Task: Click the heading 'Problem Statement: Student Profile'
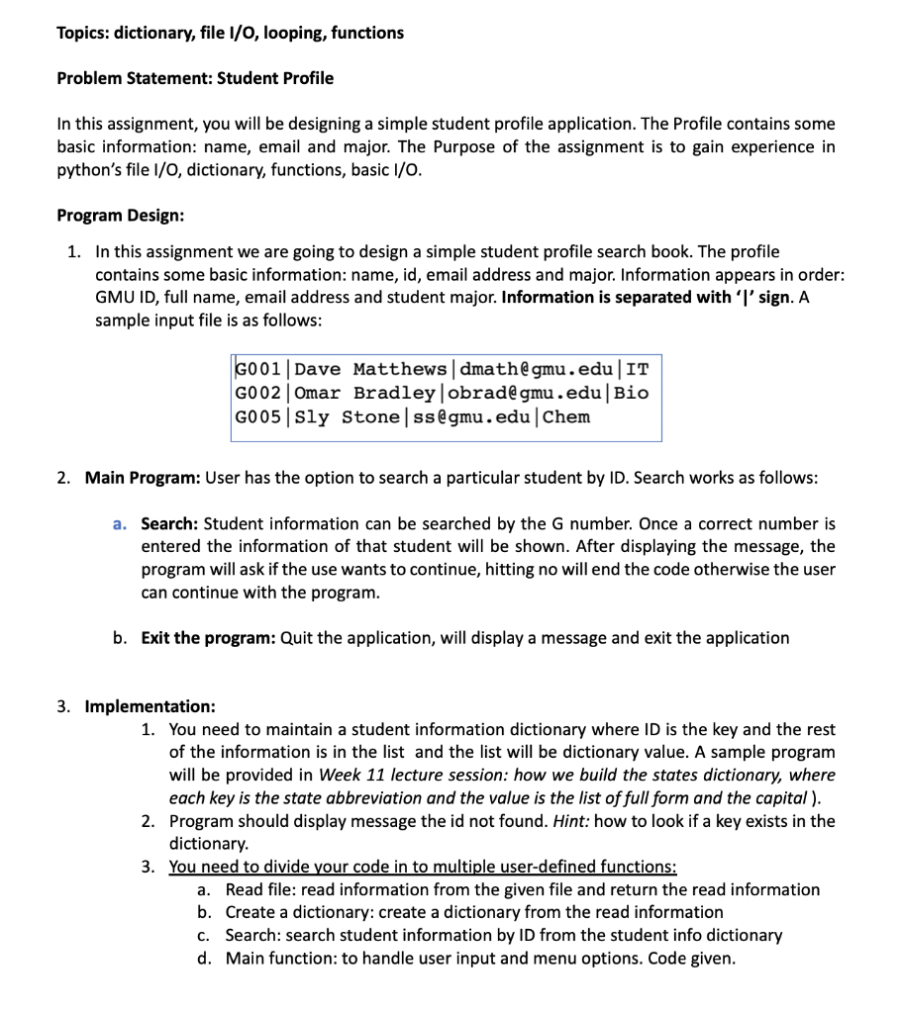195,78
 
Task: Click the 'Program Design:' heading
120,215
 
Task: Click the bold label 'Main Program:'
143,478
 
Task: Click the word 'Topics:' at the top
84,33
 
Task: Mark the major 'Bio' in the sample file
632,393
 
